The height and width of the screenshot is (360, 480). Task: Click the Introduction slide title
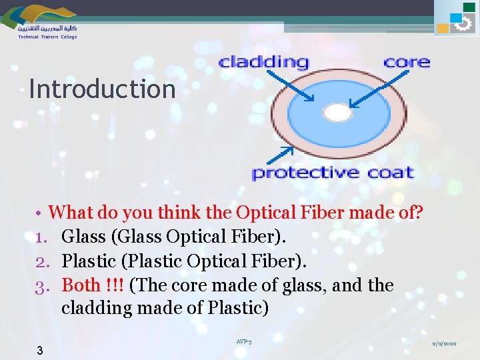point(102,89)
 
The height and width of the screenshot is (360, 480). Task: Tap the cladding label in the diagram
point(264,63)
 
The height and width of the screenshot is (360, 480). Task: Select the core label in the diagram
point(407,63)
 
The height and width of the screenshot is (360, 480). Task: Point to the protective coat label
point(333,173)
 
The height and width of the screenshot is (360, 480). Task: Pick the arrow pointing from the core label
point(373,90)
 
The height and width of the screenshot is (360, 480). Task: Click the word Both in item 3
point(81,285)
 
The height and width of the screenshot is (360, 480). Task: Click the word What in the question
point(72,213)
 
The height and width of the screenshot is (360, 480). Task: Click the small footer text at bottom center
point(244,341)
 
